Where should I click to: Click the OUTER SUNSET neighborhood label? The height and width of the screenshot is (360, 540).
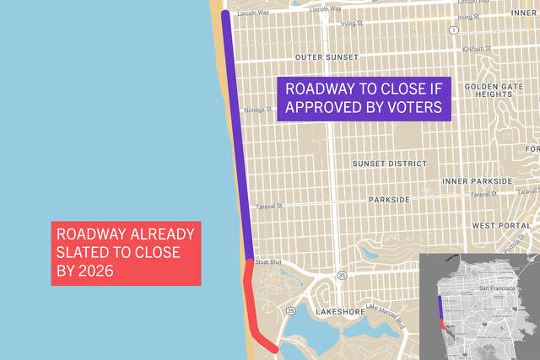click(x=326, y=57)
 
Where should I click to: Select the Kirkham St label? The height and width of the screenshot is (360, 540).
click(x=476, y=49)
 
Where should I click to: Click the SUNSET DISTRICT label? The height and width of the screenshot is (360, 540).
click(x=389, y=163)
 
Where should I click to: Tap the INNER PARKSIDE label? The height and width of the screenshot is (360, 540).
click(x=478, y=181)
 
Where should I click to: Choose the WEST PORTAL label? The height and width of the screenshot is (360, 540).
click(x=501, y=226)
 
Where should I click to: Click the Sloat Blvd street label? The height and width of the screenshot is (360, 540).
click(x=267, y=262)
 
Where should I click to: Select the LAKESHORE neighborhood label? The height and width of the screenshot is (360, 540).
click(x=341, y=312)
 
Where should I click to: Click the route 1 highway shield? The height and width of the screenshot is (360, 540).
click(x=454, y=30)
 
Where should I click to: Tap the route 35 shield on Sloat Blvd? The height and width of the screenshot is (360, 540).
click(x=340, y=274)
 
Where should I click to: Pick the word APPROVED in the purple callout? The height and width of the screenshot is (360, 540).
click(x=330, y=107)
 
